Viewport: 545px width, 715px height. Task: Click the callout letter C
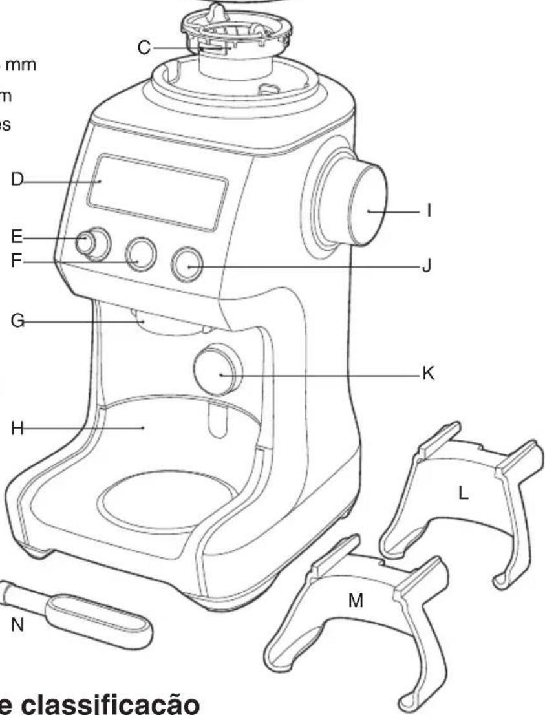tap(145, 47)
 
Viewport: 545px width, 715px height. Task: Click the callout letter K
tap(427, 374)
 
